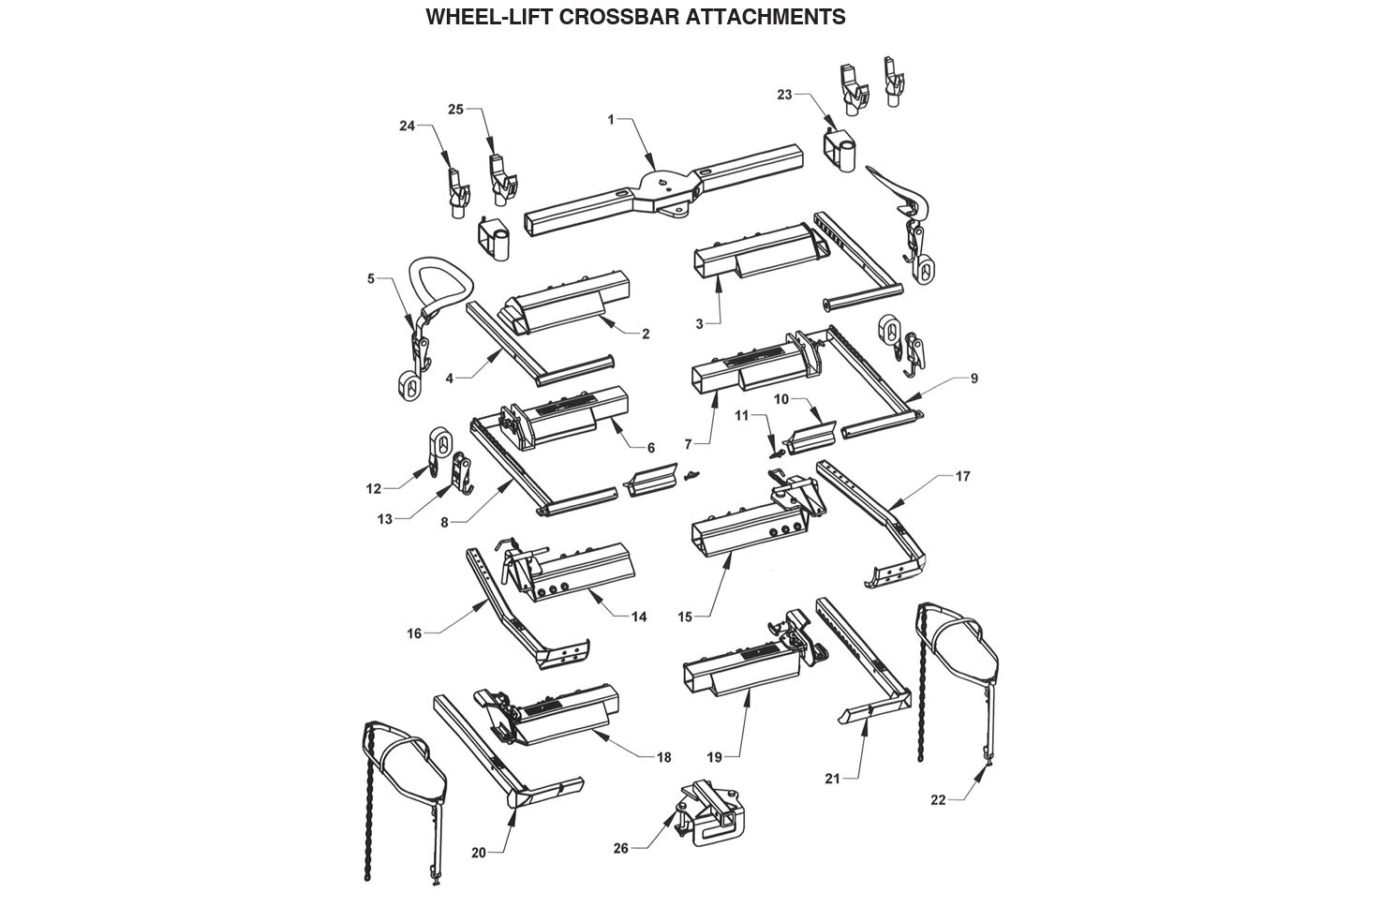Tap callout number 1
(x=611, y=119)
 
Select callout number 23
(x=785, y=94)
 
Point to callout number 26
(x=620, y=848)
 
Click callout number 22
(x=938, y=799)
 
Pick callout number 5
(x=370, y=278)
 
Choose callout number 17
(x=962, y=476)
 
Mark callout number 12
(x=374, y=488)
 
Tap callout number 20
(x=479, y=853)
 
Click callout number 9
(x=973, y=378)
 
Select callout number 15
(x=685, y=617)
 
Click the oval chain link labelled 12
(x=440, y=441)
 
